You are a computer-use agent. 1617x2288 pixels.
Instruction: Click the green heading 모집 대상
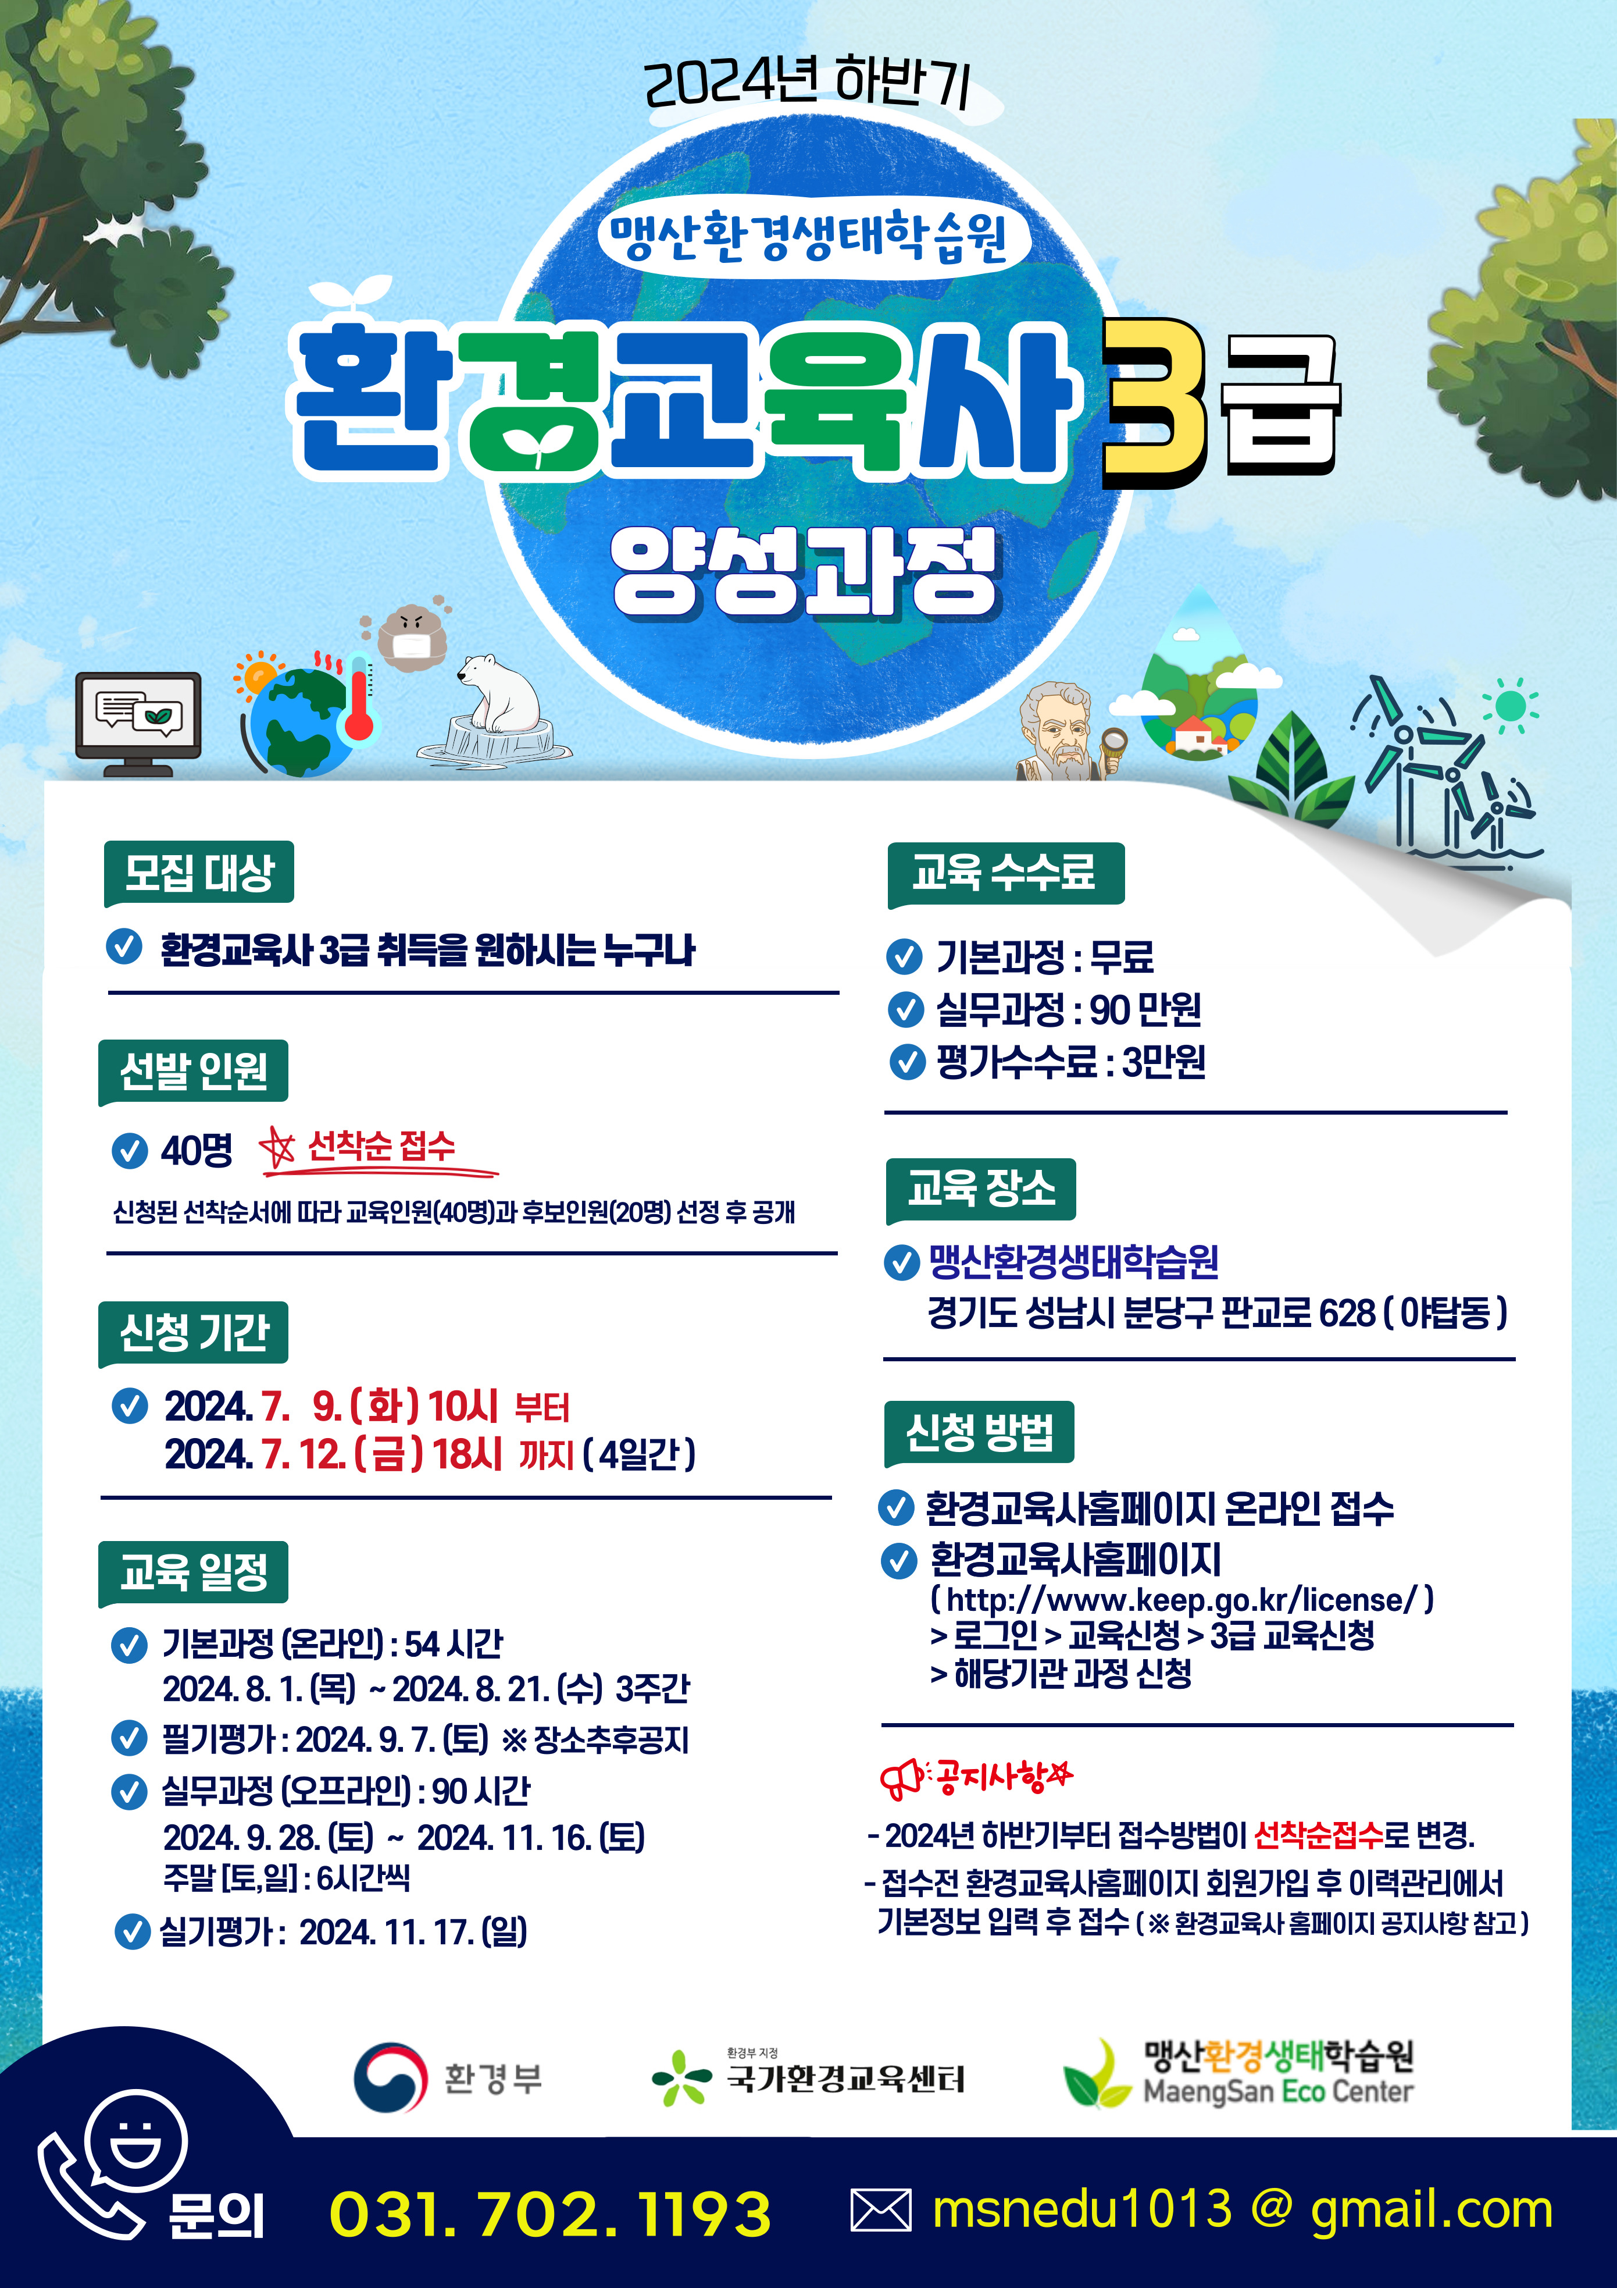pos(198,873)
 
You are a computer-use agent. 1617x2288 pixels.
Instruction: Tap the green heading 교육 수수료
pos(1005,874)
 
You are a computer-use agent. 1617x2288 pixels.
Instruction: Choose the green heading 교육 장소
pos(980,1189)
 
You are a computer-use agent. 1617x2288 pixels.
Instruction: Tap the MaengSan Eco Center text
pos(1277,2092)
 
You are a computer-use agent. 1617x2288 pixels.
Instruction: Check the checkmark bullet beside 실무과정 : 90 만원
pos(906,1009)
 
